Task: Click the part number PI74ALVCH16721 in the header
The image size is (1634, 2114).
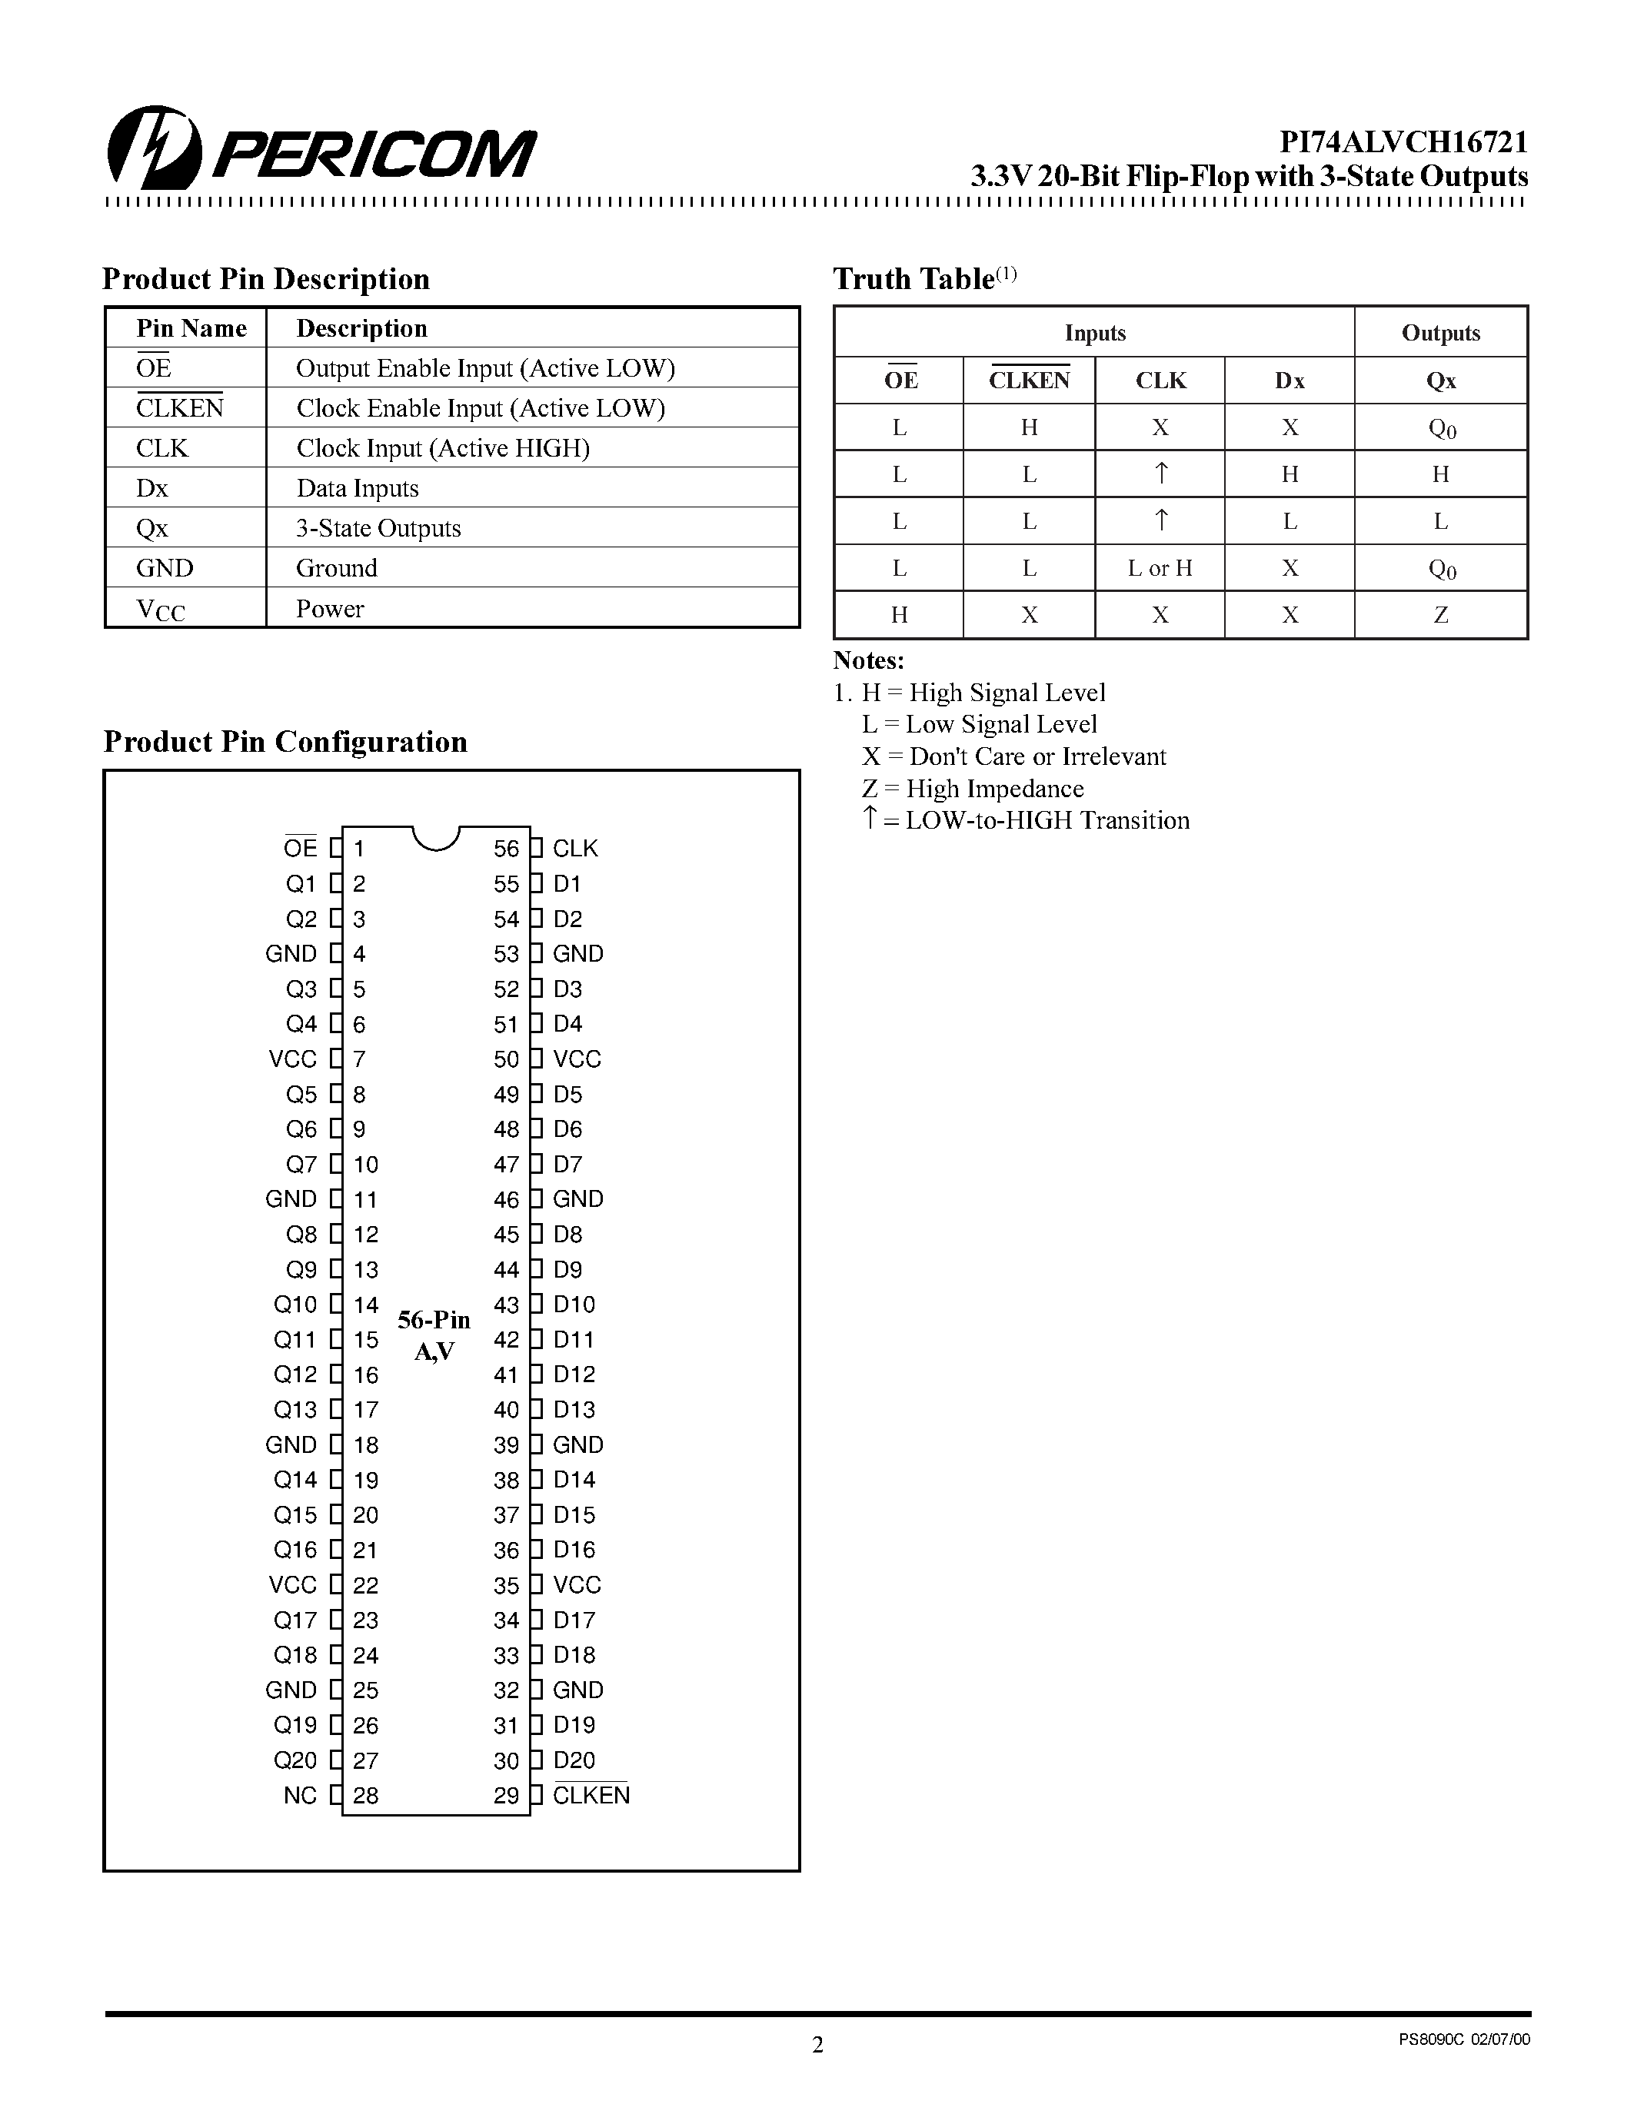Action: [x=1403, y=142]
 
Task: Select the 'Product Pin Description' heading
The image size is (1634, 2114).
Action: [x=265, y=279]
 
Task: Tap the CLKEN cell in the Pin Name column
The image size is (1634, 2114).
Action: [x=180, y=407]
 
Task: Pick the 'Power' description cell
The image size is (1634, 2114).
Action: [x=330, y=609]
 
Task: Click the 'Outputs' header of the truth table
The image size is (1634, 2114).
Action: [x=1440, y=333]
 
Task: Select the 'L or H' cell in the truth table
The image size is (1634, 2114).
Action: [x=1160, y=568]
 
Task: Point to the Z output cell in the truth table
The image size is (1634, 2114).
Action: [x=1440, y=615]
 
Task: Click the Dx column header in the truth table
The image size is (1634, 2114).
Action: [x=1290, y=381]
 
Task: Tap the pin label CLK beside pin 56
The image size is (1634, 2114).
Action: [x=575, y=849]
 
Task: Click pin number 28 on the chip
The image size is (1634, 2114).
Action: [x=365, y=1797]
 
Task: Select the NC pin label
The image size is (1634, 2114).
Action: [x=300, y=1797]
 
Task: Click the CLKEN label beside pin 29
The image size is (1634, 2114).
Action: [x=591, y=1796]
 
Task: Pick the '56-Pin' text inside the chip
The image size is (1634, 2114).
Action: [x=434, y=1320]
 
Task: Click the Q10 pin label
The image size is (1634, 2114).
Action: [x=295, y=1305]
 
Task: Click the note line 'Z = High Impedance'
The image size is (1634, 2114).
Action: [x=972, y=789]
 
